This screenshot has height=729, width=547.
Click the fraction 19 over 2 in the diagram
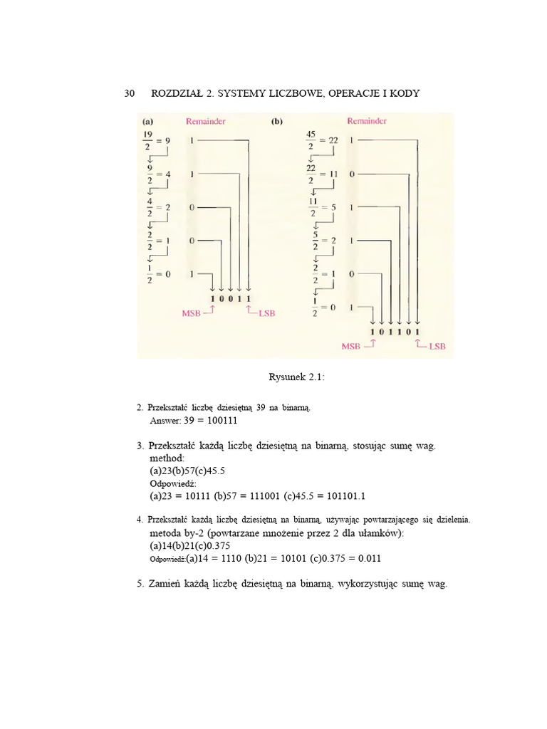(x=147, y=140)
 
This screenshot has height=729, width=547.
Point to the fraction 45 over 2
(x=311, y=140)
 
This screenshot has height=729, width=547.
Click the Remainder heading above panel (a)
(x=205, y=122)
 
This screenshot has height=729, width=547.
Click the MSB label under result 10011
(x=192, y=312)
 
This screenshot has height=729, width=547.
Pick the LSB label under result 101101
(x=436, y=346)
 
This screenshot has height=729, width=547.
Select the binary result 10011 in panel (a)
(x=231, y=298)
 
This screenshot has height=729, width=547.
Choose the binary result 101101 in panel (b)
(x=396, y=332)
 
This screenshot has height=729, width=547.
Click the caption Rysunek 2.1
(x=297, y=377)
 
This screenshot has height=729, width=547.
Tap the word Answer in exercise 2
(x=165, y=421)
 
